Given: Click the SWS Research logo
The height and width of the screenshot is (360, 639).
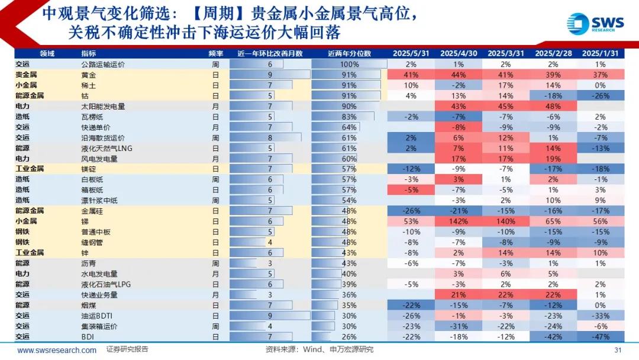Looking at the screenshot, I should [595, 24].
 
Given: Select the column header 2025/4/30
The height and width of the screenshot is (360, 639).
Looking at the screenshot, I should [459, 53].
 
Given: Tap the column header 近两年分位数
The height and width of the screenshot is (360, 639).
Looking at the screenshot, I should [349, 53].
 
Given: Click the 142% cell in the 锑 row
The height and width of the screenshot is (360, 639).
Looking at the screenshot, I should [459, 221].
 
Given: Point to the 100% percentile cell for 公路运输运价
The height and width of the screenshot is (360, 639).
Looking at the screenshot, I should [349, 64].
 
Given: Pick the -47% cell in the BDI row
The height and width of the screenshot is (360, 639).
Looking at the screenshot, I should [601, 336].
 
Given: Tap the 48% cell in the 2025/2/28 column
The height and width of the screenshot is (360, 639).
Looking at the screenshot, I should [553, 107].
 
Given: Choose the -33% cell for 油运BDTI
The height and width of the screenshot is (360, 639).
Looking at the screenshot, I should [601, 316].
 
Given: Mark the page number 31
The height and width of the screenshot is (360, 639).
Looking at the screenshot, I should [618, 350].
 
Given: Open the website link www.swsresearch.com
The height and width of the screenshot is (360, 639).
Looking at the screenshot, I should [57, 350].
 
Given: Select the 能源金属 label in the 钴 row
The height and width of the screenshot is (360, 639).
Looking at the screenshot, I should [30, 95].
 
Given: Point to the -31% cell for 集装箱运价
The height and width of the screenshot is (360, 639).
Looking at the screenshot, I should [459, 326].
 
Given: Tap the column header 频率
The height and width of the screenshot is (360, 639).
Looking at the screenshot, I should [216, 53].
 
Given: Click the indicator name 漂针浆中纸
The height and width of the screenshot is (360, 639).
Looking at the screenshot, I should [99, 201].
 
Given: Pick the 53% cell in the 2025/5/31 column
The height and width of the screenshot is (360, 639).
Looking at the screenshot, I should [412, 221].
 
